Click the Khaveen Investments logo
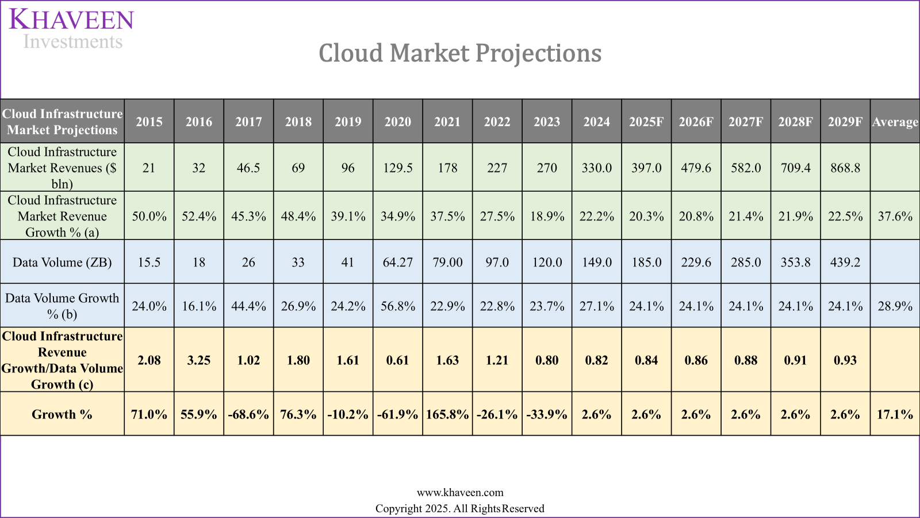(71, 29)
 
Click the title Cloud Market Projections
(460, 53)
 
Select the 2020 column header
(398, 121)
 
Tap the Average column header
(895, 121)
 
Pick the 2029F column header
(845, 121)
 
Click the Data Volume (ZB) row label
(62, 262)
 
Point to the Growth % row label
(62, 414)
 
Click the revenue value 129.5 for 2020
(398, 168)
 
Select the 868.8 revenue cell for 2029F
(845, 168)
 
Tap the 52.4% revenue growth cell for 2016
(199, 216)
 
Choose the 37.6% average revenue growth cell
(895, 216)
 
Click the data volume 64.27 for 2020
(398, 262)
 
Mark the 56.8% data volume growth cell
(398, 306)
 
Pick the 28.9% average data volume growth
(895, 306)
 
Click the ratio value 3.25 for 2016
(199, 360)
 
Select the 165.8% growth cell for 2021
(447, 414)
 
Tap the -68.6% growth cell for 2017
(248, 414)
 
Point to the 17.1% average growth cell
(895, 414)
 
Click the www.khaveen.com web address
(460, 493)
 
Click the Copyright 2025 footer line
(460, 509)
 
